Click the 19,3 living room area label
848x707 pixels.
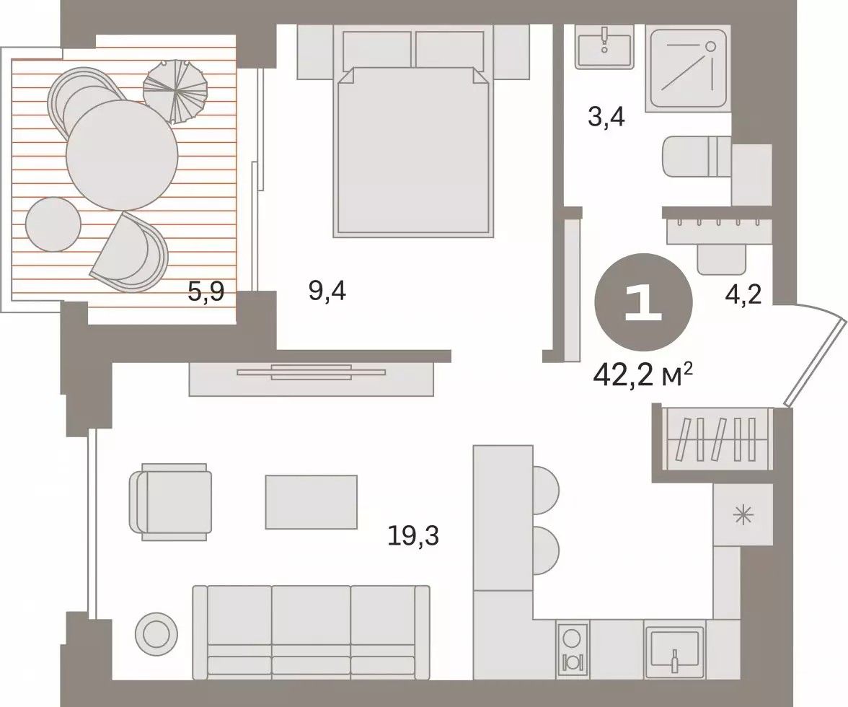[413, 537]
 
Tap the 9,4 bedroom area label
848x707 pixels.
[327, 291]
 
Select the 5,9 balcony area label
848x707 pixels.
[206, 293]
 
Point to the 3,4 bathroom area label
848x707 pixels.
[606, 116]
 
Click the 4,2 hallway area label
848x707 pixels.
[743, 294]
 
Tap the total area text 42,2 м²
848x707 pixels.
[643, 374]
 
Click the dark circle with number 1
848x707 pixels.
[643, 302]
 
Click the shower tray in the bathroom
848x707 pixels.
[688, 68]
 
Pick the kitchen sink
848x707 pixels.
[674, 653]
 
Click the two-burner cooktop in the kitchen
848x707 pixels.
[573, 650]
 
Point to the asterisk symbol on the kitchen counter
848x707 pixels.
[743, 515]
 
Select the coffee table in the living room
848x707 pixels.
[311, 502]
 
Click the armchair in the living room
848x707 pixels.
[170, 501]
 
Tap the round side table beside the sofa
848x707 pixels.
[156, 633]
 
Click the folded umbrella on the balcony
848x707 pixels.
[175, 90]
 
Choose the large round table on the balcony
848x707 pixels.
[123, 155]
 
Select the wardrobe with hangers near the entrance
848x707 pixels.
[715, 440]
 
